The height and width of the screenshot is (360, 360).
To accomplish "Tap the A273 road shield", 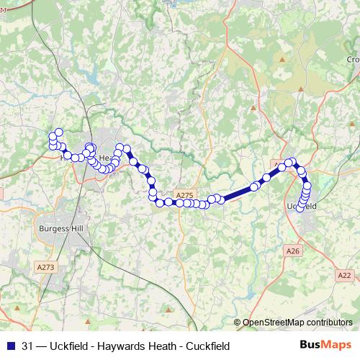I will pos(45,266).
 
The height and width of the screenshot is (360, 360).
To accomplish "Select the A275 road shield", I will pos(185,194).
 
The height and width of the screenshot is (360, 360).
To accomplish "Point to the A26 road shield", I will pos(292,251).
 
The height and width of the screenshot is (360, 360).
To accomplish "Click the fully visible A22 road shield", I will pos(344,275).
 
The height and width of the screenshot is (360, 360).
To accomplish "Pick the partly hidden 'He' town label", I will pos(105,158).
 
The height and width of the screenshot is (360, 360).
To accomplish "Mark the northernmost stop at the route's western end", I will pos(59,132).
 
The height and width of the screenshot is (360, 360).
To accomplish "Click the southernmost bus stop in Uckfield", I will pos(300,210).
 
